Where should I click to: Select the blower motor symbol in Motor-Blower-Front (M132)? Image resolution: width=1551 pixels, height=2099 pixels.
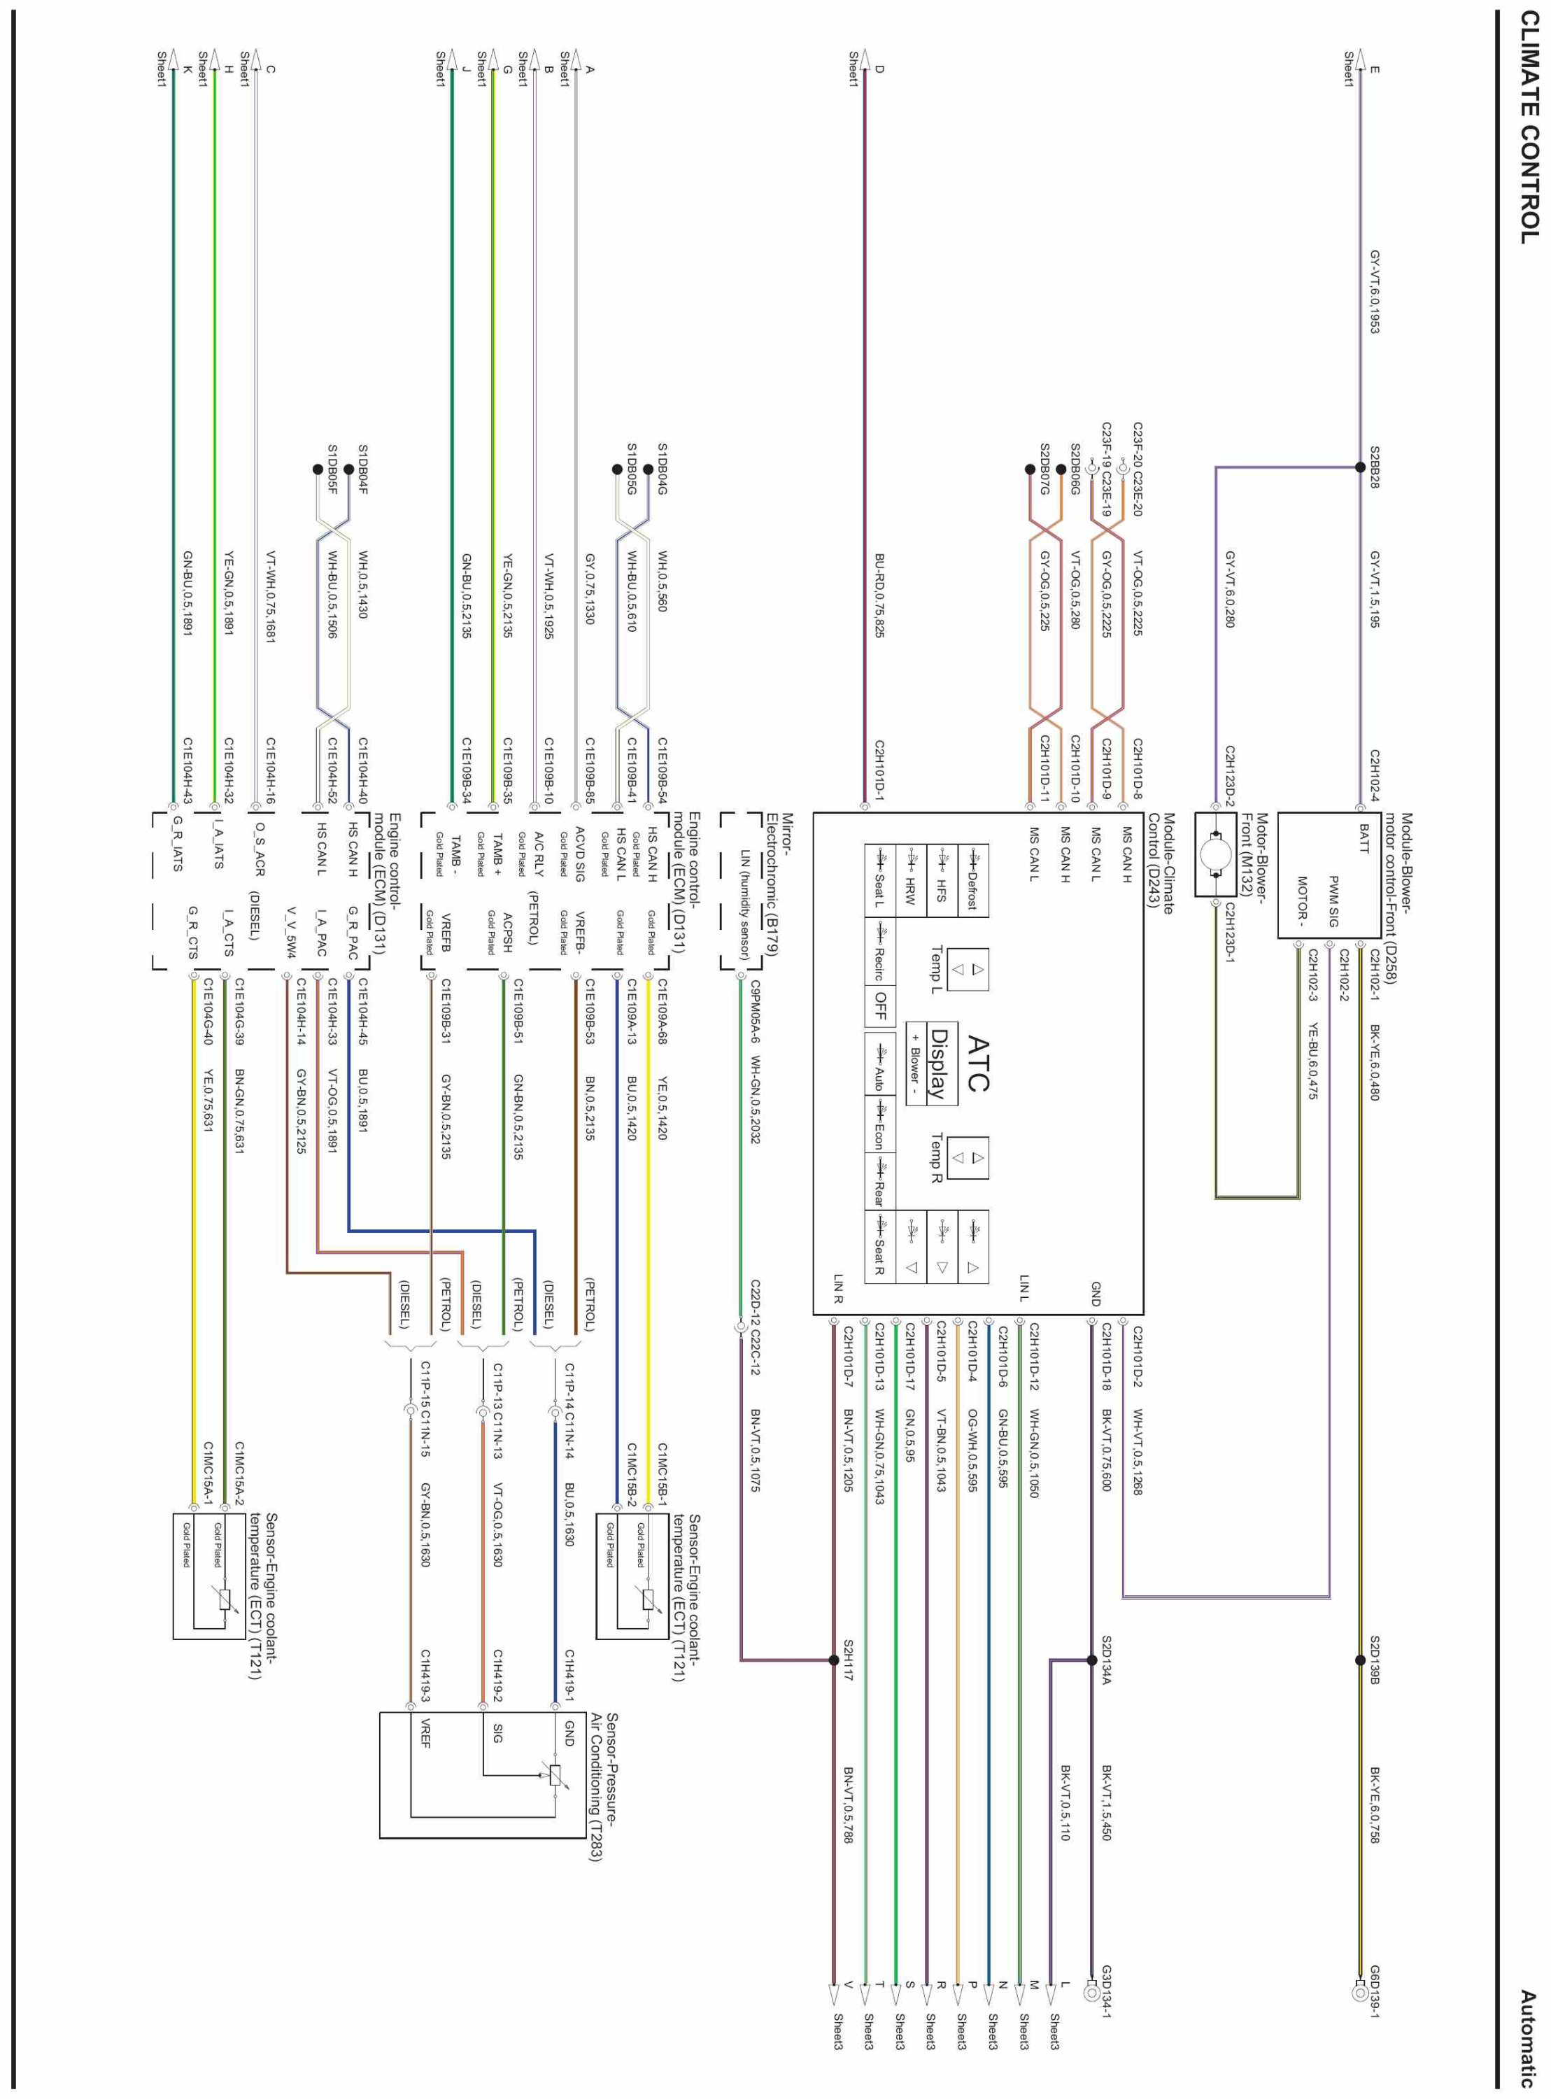[1215, 854]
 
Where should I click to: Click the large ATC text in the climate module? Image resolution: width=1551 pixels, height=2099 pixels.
[977, 1063]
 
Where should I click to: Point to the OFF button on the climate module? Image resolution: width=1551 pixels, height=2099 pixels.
[879, 1005]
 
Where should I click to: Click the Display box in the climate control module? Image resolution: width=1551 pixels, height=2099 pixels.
[937, 1063]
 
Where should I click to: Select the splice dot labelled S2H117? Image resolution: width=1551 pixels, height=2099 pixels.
[834, 1660]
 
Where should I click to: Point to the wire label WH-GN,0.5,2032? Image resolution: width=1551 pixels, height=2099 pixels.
[755, 1099]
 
